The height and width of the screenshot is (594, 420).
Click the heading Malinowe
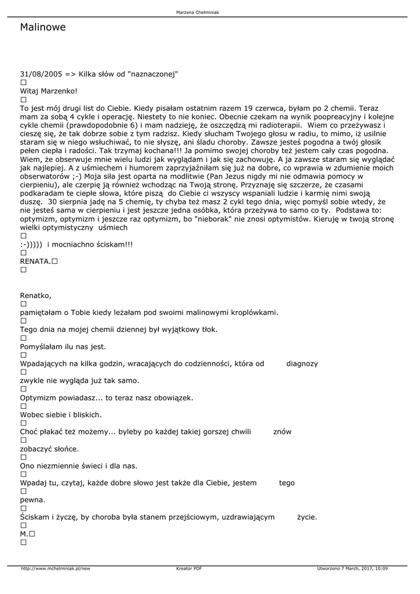(43, 27)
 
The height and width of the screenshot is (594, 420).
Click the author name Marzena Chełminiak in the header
(201, 12)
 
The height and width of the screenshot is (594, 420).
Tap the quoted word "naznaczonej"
(153, 74)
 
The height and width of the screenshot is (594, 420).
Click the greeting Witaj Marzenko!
(49, 91)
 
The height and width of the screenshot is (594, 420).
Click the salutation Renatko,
(36, 295)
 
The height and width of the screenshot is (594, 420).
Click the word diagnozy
(302, 364)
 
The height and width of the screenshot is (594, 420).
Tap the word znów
(282, 432)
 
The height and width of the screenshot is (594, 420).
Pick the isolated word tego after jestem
(287, 483)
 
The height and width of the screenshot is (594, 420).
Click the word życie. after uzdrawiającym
(307, 517)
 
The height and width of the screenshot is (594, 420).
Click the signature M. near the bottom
(24, 534)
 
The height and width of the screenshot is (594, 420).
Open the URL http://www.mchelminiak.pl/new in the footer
(56, 568)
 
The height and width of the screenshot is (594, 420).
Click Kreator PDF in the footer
(189, 568)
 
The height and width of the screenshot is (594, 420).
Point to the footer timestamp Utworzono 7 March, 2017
(352, 568)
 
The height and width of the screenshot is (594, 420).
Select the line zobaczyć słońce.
(49, 449)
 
